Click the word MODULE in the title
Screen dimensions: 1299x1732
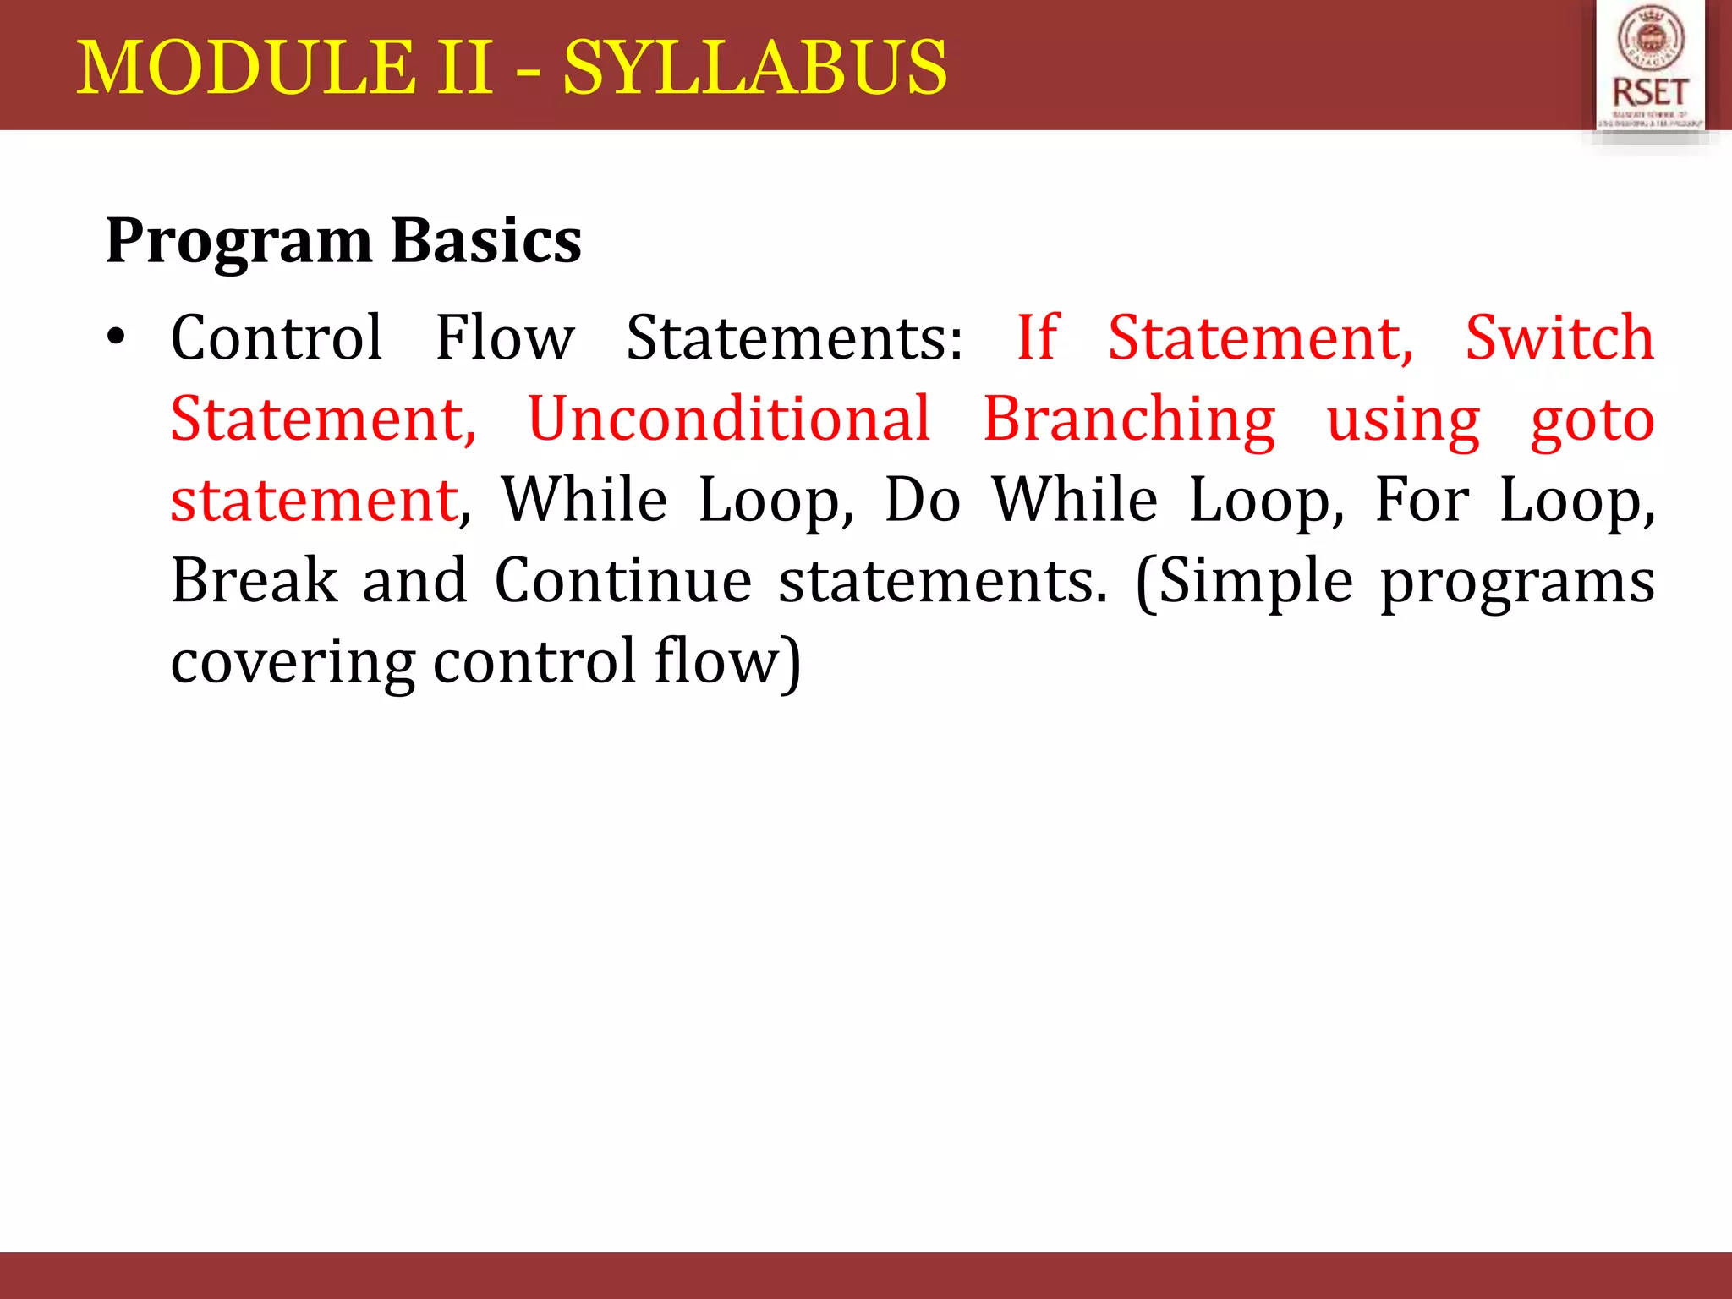(x=246, y=68)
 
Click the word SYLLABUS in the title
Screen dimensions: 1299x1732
(x=754, y=68)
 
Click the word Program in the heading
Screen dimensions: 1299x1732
(x=238, y=241)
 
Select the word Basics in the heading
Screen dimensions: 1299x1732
(x=486, y=241)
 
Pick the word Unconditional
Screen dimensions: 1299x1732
(x=728, y=419)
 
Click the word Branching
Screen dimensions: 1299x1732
(x=1128, y=419)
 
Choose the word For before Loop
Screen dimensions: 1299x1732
(x=1422, y=500)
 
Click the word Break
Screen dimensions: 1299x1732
(x=255, y=581)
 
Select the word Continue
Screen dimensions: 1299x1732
(x=622, y=581)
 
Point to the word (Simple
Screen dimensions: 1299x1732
(x=1243, y=583)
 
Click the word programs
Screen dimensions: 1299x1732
(x=1517, y=583)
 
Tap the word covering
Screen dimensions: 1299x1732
(x=293, y=662)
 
